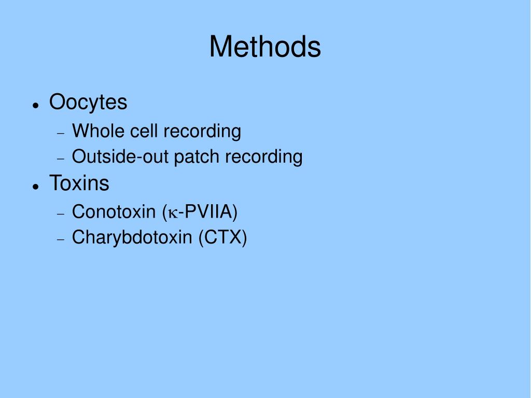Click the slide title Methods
[x=265, y=47]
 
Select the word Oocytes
[x=88, y=102]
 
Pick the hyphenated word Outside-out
[x=120, y=157]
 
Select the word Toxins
[x=79, y=183]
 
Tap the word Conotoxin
[x=114, y=211]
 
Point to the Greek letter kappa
[x=173, y=214]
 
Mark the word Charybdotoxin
[x=132, y=237]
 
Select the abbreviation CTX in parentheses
[x=223, y=237]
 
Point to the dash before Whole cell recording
[x=61, y=134]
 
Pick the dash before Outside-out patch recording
[x=61, y=159]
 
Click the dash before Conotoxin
[x=61, y=214]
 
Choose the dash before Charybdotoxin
[x=61, y=239]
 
